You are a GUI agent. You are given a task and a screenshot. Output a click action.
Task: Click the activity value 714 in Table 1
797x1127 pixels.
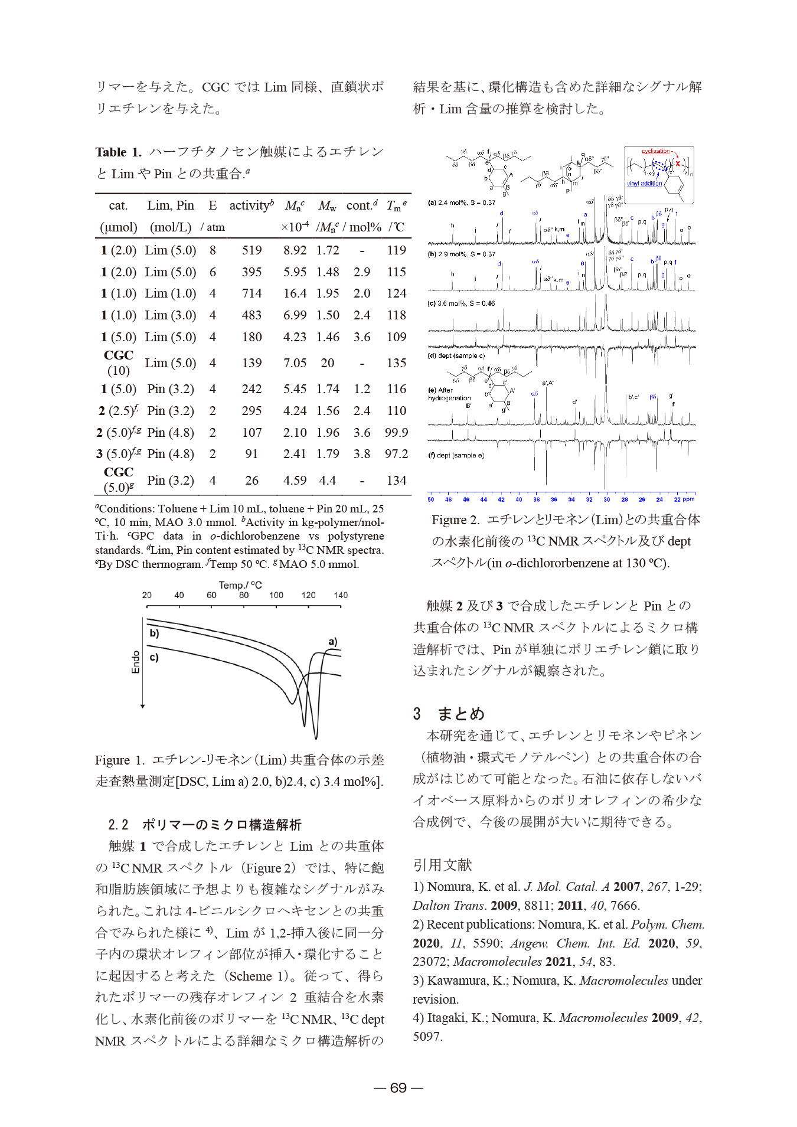click(251, 293)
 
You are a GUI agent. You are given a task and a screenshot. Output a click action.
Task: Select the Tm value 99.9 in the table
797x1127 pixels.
click(396, 433)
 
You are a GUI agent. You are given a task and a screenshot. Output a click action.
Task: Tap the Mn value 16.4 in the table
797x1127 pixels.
click(295, 293)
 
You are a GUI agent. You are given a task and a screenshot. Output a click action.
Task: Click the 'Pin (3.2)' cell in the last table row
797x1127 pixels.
click(171, 481)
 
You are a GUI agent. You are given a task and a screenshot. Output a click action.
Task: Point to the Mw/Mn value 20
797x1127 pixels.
click(328, 363)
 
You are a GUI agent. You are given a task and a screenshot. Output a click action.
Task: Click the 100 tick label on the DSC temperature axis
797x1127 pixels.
click(276, 595)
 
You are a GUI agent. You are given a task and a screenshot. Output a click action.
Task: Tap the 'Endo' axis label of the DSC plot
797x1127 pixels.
click(136, 662)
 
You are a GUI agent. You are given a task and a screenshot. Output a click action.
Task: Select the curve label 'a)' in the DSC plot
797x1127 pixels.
click(333, 642)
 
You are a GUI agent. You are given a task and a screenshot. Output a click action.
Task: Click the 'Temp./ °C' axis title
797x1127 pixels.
click(240, 585)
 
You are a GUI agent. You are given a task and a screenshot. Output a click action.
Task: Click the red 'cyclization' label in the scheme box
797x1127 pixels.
click(656, 151)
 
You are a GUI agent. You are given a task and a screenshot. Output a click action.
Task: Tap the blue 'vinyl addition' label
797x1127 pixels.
click(644, 184)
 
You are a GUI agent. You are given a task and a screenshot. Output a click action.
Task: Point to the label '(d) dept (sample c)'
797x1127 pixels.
click(456, 356)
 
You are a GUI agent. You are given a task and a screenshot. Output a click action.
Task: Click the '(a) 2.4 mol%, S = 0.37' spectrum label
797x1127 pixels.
click(461, 202)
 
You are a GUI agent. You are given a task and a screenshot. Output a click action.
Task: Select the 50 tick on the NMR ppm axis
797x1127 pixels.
click(431, 499)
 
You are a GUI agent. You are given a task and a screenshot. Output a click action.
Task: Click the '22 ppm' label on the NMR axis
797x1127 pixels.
click(684, 499)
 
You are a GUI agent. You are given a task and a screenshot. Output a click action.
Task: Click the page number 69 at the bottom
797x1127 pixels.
click(398, 1088)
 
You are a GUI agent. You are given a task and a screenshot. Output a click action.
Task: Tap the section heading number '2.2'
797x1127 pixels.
click(118, 825)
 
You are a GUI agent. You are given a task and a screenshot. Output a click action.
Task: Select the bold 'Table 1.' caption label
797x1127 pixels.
click(118, 152)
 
